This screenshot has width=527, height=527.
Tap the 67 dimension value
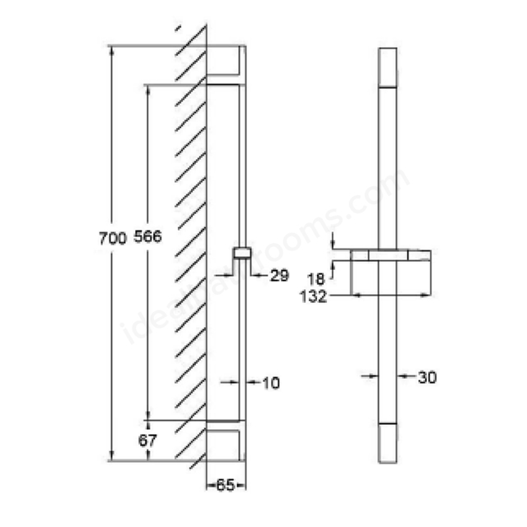coord(147,441)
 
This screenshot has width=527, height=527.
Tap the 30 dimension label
coord(427,377)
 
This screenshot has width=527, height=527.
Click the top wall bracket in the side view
coord(225,63)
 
